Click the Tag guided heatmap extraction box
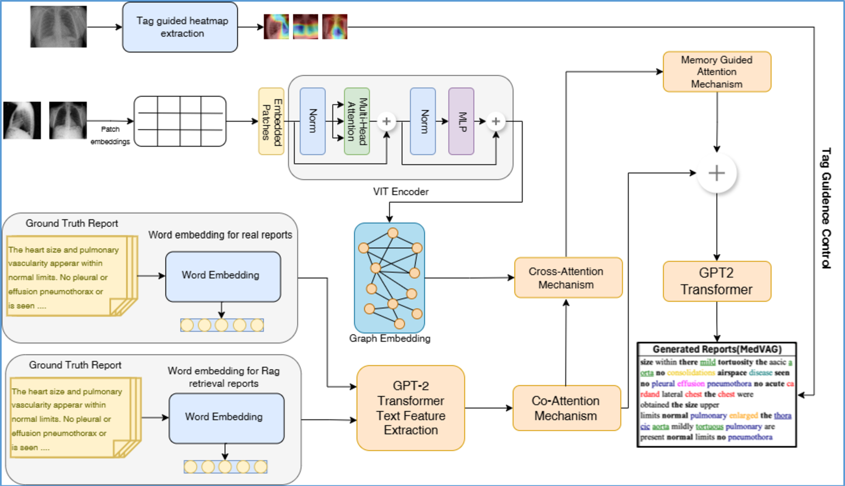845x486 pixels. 180,27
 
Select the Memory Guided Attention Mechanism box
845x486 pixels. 716,72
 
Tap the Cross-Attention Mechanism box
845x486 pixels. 568,277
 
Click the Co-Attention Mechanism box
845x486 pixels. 566,408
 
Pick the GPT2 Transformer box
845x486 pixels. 716,281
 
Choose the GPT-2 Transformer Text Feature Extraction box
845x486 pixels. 410,408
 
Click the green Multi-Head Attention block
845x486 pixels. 357,121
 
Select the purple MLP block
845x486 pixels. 461,121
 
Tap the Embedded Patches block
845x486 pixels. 271,121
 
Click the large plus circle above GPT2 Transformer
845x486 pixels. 716,173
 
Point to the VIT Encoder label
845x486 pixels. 400,192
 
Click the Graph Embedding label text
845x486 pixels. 390,338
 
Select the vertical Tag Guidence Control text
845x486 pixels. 826,208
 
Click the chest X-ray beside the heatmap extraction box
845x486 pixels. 58,27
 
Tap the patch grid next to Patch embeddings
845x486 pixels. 180,121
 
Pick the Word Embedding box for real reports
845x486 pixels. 223,276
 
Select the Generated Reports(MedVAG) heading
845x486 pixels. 716,349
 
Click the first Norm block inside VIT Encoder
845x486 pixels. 313,121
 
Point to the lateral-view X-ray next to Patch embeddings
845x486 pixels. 22,120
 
